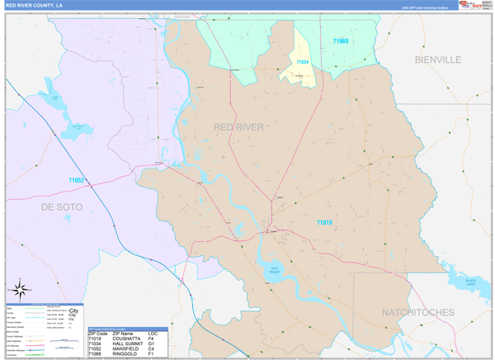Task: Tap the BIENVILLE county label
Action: coord(438,60)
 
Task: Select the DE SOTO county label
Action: coord(62,207)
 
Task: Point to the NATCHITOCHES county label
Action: coord(417,312)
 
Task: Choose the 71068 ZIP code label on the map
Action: coord(341,41)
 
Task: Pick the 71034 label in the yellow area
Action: coord(302,62)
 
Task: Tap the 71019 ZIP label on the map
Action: coord(323,222)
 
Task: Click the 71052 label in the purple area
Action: coord(77,180)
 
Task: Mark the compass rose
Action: coord(21,290)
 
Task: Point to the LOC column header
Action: coord(153,334)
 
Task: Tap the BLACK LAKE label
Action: coord(471,282)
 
